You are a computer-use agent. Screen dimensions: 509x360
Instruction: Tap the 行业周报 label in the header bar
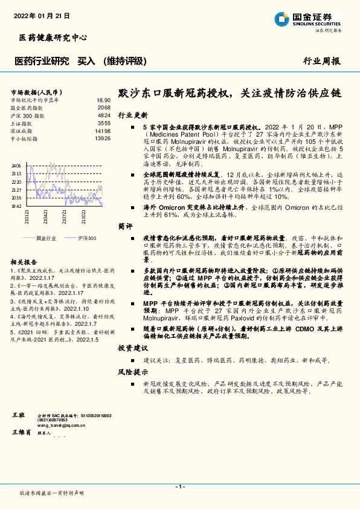coord(321,61)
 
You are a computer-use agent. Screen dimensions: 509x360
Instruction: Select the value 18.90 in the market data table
coord(103,100)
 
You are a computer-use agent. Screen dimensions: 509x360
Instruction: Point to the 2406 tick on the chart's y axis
coord(16,165)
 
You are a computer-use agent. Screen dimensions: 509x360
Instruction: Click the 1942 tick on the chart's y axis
coord(16,206)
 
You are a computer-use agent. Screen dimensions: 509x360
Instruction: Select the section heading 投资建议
coord(133,348)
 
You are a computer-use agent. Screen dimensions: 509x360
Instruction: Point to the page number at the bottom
coord(179,487)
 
